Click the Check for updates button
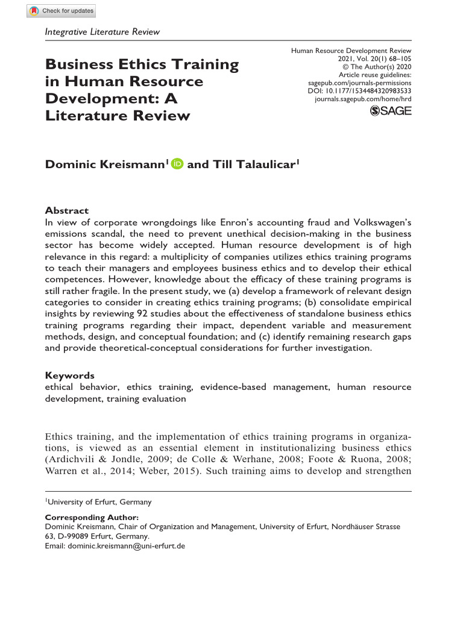pos(61,11)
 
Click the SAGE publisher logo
pos(390,111)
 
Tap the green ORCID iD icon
pos(177,164)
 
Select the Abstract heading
pos(67,211)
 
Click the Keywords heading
pos(70,375)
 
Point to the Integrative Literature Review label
pos(103,31)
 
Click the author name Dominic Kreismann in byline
pos(106,164)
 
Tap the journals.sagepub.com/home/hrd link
pos(363,98)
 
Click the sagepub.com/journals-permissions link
pos(359,83)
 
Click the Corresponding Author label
pos(92,517)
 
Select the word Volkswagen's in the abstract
pos(380,222)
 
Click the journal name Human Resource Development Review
pos(351,51)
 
